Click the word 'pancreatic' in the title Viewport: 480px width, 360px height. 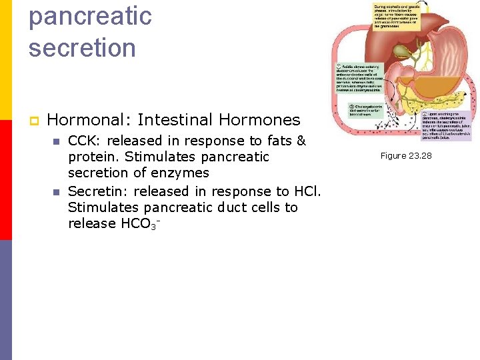tap(90, 17)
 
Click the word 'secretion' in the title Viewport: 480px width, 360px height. tap(82, 48)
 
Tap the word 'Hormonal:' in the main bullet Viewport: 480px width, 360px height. tap(89, 120)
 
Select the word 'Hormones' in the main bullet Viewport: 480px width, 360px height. tap(263, 120)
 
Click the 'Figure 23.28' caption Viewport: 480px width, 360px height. tap(405, 155)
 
